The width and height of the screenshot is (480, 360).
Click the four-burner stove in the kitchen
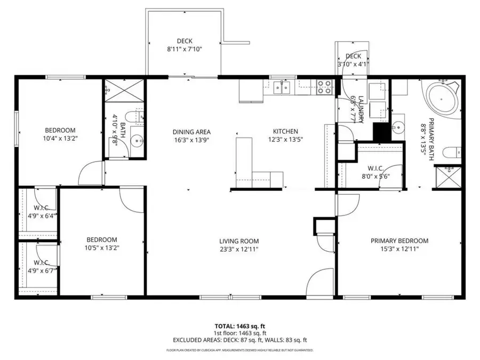(x=324, y=87)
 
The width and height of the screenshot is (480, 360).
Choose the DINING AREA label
(x=191, y=132)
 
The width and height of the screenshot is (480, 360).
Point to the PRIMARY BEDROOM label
(x=399, y=241)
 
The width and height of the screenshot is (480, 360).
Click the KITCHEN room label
(x=285, y=132)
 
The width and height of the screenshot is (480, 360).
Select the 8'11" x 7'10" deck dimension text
(x=185, y=49)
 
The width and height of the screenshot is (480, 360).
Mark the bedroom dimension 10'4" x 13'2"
(x=60, y=138)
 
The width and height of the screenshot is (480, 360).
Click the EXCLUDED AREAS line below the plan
(x=240, y=340)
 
